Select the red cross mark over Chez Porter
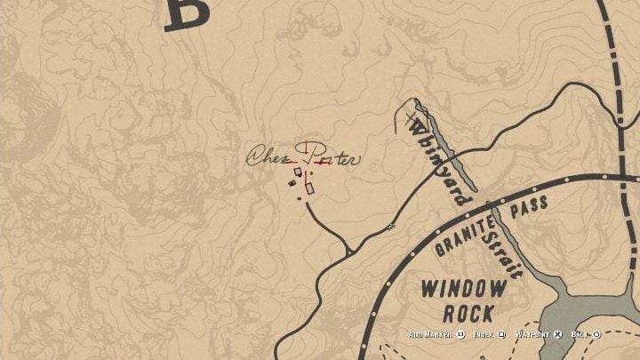(x=308, y=153)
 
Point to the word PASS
(x=530, y=206)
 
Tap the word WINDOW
(x=464, y=288)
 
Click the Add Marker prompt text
(x=430, y=335)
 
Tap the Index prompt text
(x=485, y=335)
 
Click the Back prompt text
(x=580, y=335)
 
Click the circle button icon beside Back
(x=597, y=335)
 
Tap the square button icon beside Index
(x=503, y=335)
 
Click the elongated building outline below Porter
(x=309, y=188)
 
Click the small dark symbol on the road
(x=389, y=228)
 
